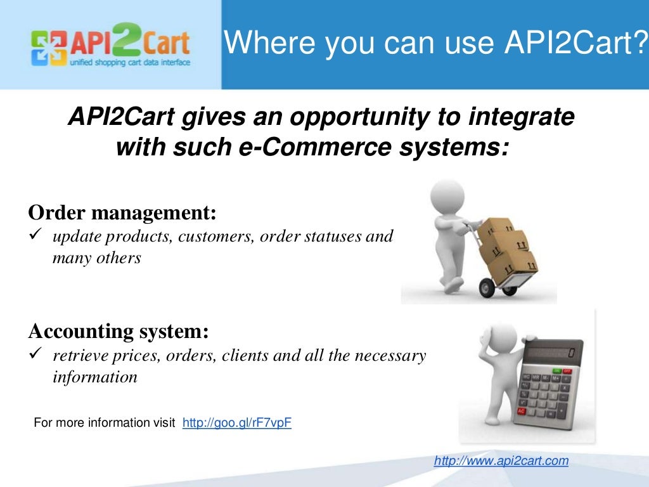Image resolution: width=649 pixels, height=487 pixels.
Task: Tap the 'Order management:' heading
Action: click(x=123, y=213)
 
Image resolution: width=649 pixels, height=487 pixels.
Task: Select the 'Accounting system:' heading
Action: click(x=119, y=331)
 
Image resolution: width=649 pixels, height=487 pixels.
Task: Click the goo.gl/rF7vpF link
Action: click(x=236, y=423)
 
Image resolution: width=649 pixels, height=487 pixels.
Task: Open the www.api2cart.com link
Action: click(x=501, y=461)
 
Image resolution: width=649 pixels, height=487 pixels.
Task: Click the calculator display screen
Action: click(x=552, y=352)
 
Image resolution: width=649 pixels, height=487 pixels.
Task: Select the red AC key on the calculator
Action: click(x=522, y=411)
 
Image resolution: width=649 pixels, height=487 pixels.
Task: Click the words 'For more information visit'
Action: click(x=105, y=423)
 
